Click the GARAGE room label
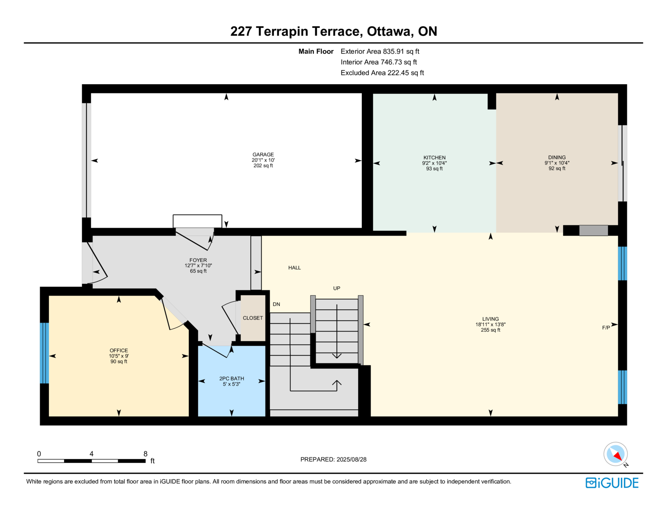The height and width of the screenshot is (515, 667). (263, 155)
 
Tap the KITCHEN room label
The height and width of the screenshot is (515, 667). (434, 157)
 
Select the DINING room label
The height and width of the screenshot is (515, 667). (557, 157)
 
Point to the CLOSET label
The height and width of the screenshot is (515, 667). (253, 318)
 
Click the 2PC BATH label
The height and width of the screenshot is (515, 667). (231, 378)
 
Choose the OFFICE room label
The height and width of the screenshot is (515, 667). (119, 350)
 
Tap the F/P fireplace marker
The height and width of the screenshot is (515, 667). (606, 327)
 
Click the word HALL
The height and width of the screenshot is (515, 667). (294, 268)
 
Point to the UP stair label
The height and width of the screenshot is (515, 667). (337, 288)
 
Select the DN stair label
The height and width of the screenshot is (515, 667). (276, 304)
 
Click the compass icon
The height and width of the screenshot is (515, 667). (616, 454)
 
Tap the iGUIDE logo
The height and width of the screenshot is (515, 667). (612, 483)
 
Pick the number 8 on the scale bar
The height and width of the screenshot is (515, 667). (145, 454)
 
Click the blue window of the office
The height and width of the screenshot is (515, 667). (45, 353)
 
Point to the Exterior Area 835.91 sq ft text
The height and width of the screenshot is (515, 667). (380, 52)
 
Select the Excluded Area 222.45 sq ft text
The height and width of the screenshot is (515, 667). (382, 72)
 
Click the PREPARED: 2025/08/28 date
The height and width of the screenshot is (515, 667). (333, 460)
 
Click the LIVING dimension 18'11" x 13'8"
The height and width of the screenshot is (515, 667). (491, 325)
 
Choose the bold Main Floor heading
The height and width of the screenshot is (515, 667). (316, 52)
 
